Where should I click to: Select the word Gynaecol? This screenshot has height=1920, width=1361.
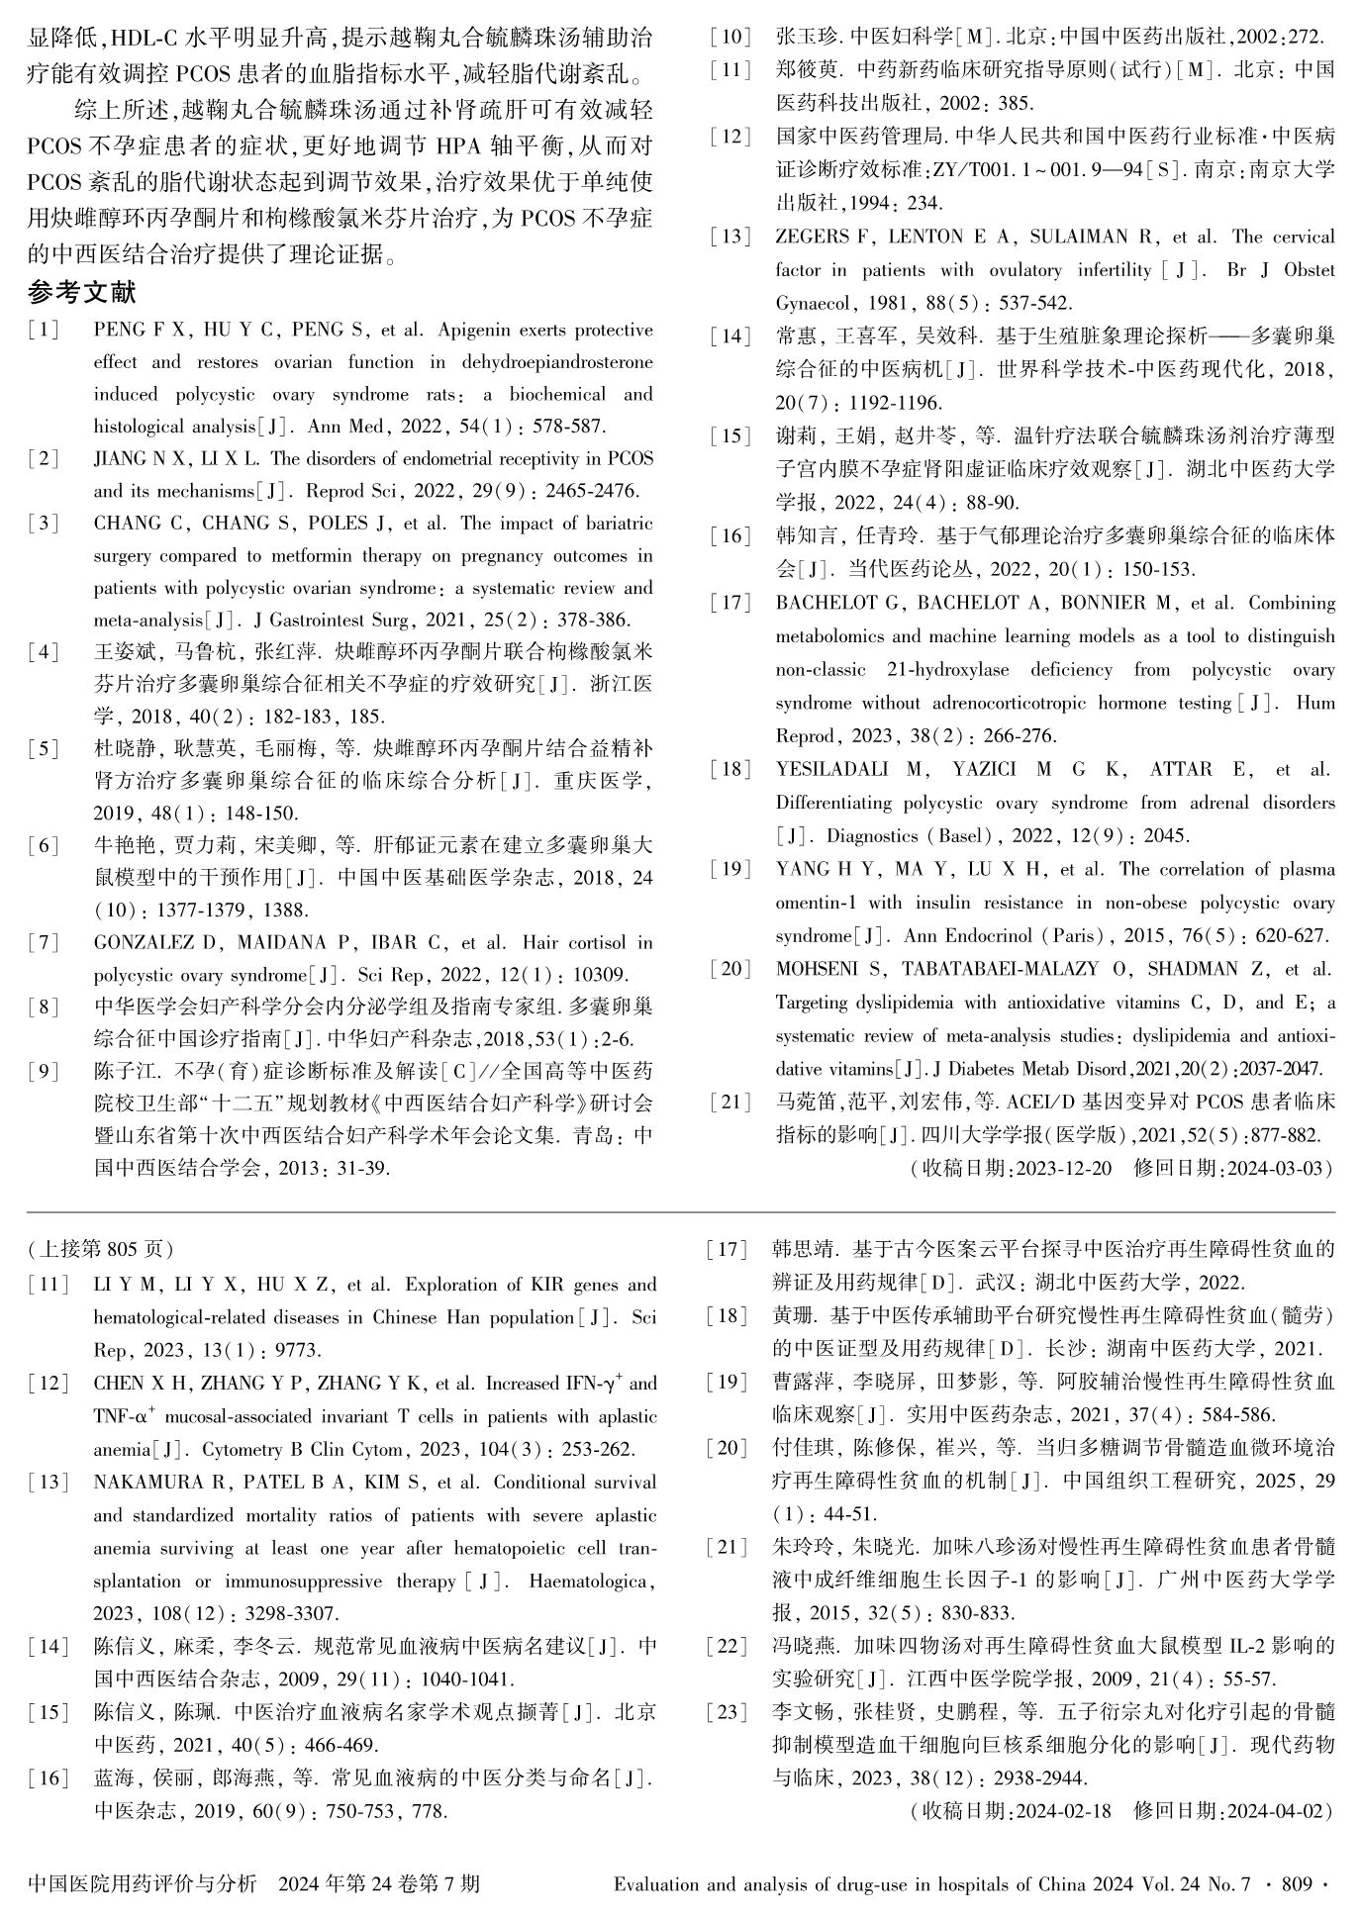click(813, 304)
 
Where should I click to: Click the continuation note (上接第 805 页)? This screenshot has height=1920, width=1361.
click(100, 1249)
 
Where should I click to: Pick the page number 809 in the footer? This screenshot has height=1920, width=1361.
click(1295, 1884)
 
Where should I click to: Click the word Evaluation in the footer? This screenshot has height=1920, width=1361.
click(657, 1884)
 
